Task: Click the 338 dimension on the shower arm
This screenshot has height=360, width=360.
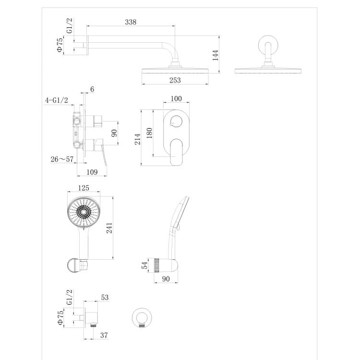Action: pyautogui.click(x=131, y=22)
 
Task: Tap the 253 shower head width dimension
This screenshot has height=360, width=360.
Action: pyautogui.click(x=175, y=80)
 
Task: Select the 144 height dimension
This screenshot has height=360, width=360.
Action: pyautogui.click(x=216, y=55)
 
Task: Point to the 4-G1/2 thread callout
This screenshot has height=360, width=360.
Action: pyautogui.click(x=57, y=100)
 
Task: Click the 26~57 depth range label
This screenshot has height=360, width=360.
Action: pyautogui.click(x=62, y=159)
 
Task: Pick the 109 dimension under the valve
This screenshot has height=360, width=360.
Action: pyautogui.click(x=92, y=172)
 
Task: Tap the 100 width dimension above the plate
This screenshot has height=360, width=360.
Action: pyautogui.click(x=176, y=99)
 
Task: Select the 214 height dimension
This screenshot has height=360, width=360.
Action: pyautogui.click(x=137, y=139)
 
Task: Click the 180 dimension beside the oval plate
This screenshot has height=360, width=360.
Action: pyautogui.click(x=149, y=133)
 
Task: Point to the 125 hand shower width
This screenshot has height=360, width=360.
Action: pyautogui.click(x=84, y=188)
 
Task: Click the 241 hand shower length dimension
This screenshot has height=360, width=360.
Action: pyautogui.click(x=109, y=228)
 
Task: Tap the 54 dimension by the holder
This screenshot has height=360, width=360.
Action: pyautogui.click(x=144, y=265)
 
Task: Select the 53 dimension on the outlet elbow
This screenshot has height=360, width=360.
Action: pyautogui.click(x=105, y=297)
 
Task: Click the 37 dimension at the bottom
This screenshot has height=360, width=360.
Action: pyautogui.click(x=104, y=335)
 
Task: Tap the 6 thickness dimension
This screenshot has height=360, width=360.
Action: pyautogui.click(x=92, y=89)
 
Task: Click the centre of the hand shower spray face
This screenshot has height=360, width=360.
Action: pyautogui.click(x=84, y=212)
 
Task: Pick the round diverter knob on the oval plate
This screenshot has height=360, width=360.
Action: pyautogui.click(x=176, y=121)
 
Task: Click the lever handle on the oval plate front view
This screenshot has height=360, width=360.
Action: pyautogui.click(x=176, y=152)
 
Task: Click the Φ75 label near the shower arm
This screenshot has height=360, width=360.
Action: pyautogui.click(x=60, y=45)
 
